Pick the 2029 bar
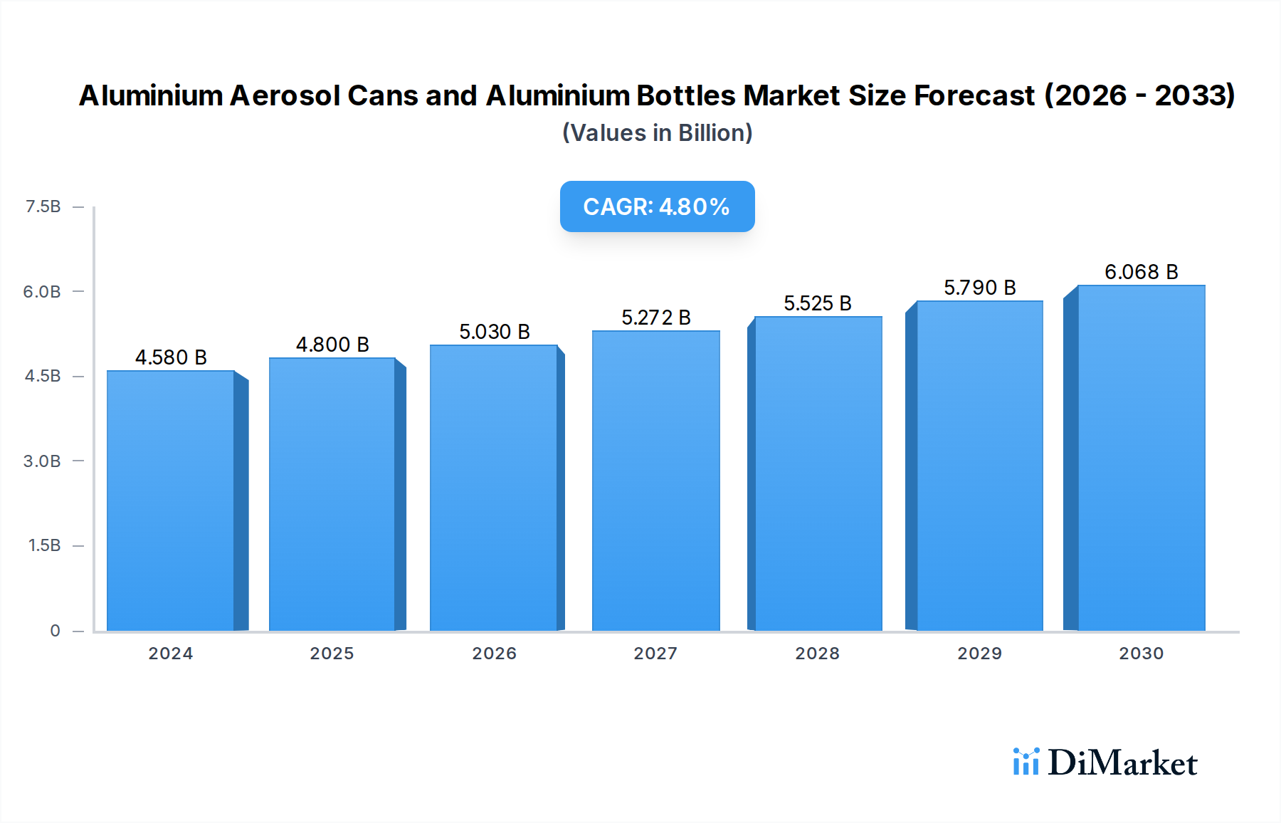tap(979, 466)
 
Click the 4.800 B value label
tap(332, 345)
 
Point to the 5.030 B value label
tap(495, 332)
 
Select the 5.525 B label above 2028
tap(818, 303)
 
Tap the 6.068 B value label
tap(1141, 272)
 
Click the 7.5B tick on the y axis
tap(43, 206)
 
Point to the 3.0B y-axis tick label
tap(42, 461)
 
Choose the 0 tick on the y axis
tap(55, 631)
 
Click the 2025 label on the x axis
tap(332, 654)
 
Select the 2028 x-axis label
tap(817, 654)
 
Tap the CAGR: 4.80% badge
tap(657, 206)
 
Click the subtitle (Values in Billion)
tap(657, 133)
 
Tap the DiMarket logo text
tap(1122, 763)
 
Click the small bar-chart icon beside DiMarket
tap(1026, 762)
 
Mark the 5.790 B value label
tap(979, 288)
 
